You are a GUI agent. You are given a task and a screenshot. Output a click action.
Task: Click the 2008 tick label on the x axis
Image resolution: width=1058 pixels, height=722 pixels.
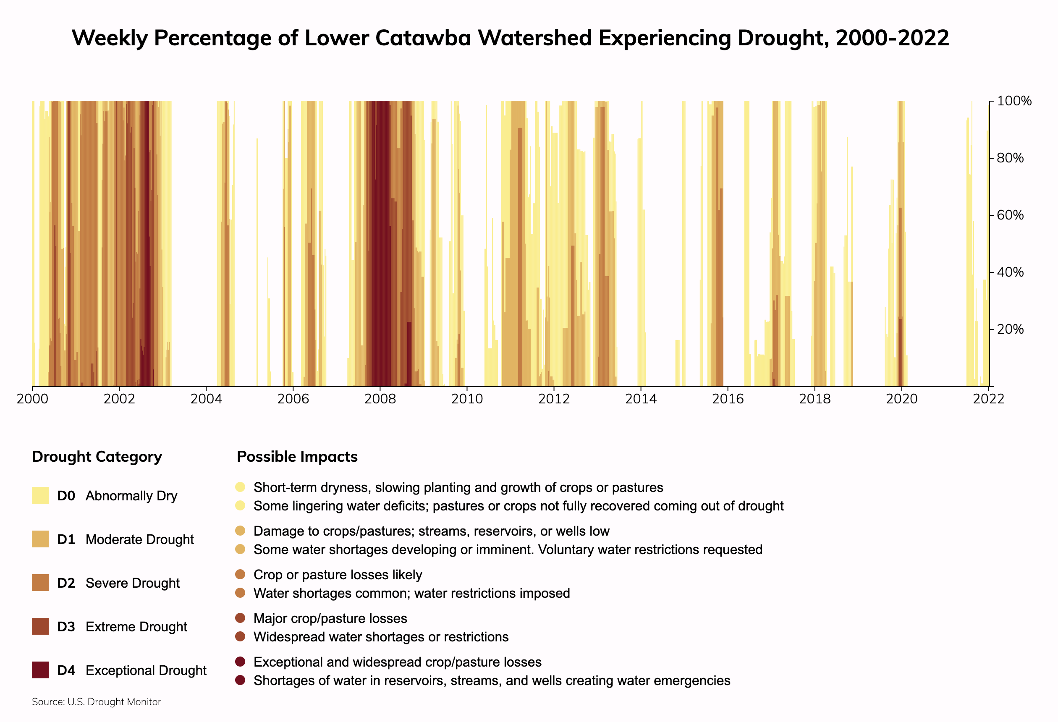click(x=380, y=399)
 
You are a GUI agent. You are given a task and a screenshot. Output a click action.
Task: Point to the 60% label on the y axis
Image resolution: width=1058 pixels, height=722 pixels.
click(x=1010, y=215)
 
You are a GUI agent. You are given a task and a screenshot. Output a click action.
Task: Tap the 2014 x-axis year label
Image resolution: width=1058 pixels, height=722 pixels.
click(x=641, y=399)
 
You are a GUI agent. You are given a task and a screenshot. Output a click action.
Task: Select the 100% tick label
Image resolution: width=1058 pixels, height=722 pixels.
click(x=1014, y=101)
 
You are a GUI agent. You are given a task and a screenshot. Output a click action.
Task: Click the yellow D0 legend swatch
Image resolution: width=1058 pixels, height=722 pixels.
click(x=40, y=496)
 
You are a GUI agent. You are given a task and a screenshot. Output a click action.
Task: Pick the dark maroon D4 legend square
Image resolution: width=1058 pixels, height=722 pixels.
click(x=40, y=670)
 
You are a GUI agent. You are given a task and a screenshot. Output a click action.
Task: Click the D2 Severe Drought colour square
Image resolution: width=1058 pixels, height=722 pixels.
click(x=40, y=583)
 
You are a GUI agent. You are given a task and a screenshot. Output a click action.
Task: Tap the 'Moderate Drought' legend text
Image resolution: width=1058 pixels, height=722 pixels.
click(x=139, y=539)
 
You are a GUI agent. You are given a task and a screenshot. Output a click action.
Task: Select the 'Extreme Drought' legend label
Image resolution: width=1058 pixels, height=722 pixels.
click(x=136, y=627)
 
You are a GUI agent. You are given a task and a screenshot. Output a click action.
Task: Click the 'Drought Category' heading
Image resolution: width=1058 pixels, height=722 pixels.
click(x=97, y=457)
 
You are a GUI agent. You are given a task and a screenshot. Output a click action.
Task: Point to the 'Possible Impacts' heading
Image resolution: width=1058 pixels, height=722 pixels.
click(x=297, y=457)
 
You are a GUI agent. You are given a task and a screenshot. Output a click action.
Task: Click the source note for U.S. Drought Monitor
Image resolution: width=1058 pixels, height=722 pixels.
click(x=97, y=702)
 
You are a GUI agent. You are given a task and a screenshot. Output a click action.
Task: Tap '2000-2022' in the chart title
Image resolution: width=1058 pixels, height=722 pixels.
click(x=892, y=38)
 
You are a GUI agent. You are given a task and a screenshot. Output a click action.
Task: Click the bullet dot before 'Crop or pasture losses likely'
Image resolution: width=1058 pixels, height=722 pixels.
click(x=241, y=575)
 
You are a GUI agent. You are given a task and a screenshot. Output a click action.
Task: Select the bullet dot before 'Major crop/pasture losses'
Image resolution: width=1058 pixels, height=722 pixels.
click(x=241, y=618)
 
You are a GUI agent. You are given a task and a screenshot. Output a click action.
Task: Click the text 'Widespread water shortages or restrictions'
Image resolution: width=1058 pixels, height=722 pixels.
click(x=381, y=637)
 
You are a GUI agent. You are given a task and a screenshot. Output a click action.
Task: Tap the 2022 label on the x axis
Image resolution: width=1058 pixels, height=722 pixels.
click(x=988, y=399)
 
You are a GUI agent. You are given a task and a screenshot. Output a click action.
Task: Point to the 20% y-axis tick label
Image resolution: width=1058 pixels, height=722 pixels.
click(x=1010, y=329)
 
